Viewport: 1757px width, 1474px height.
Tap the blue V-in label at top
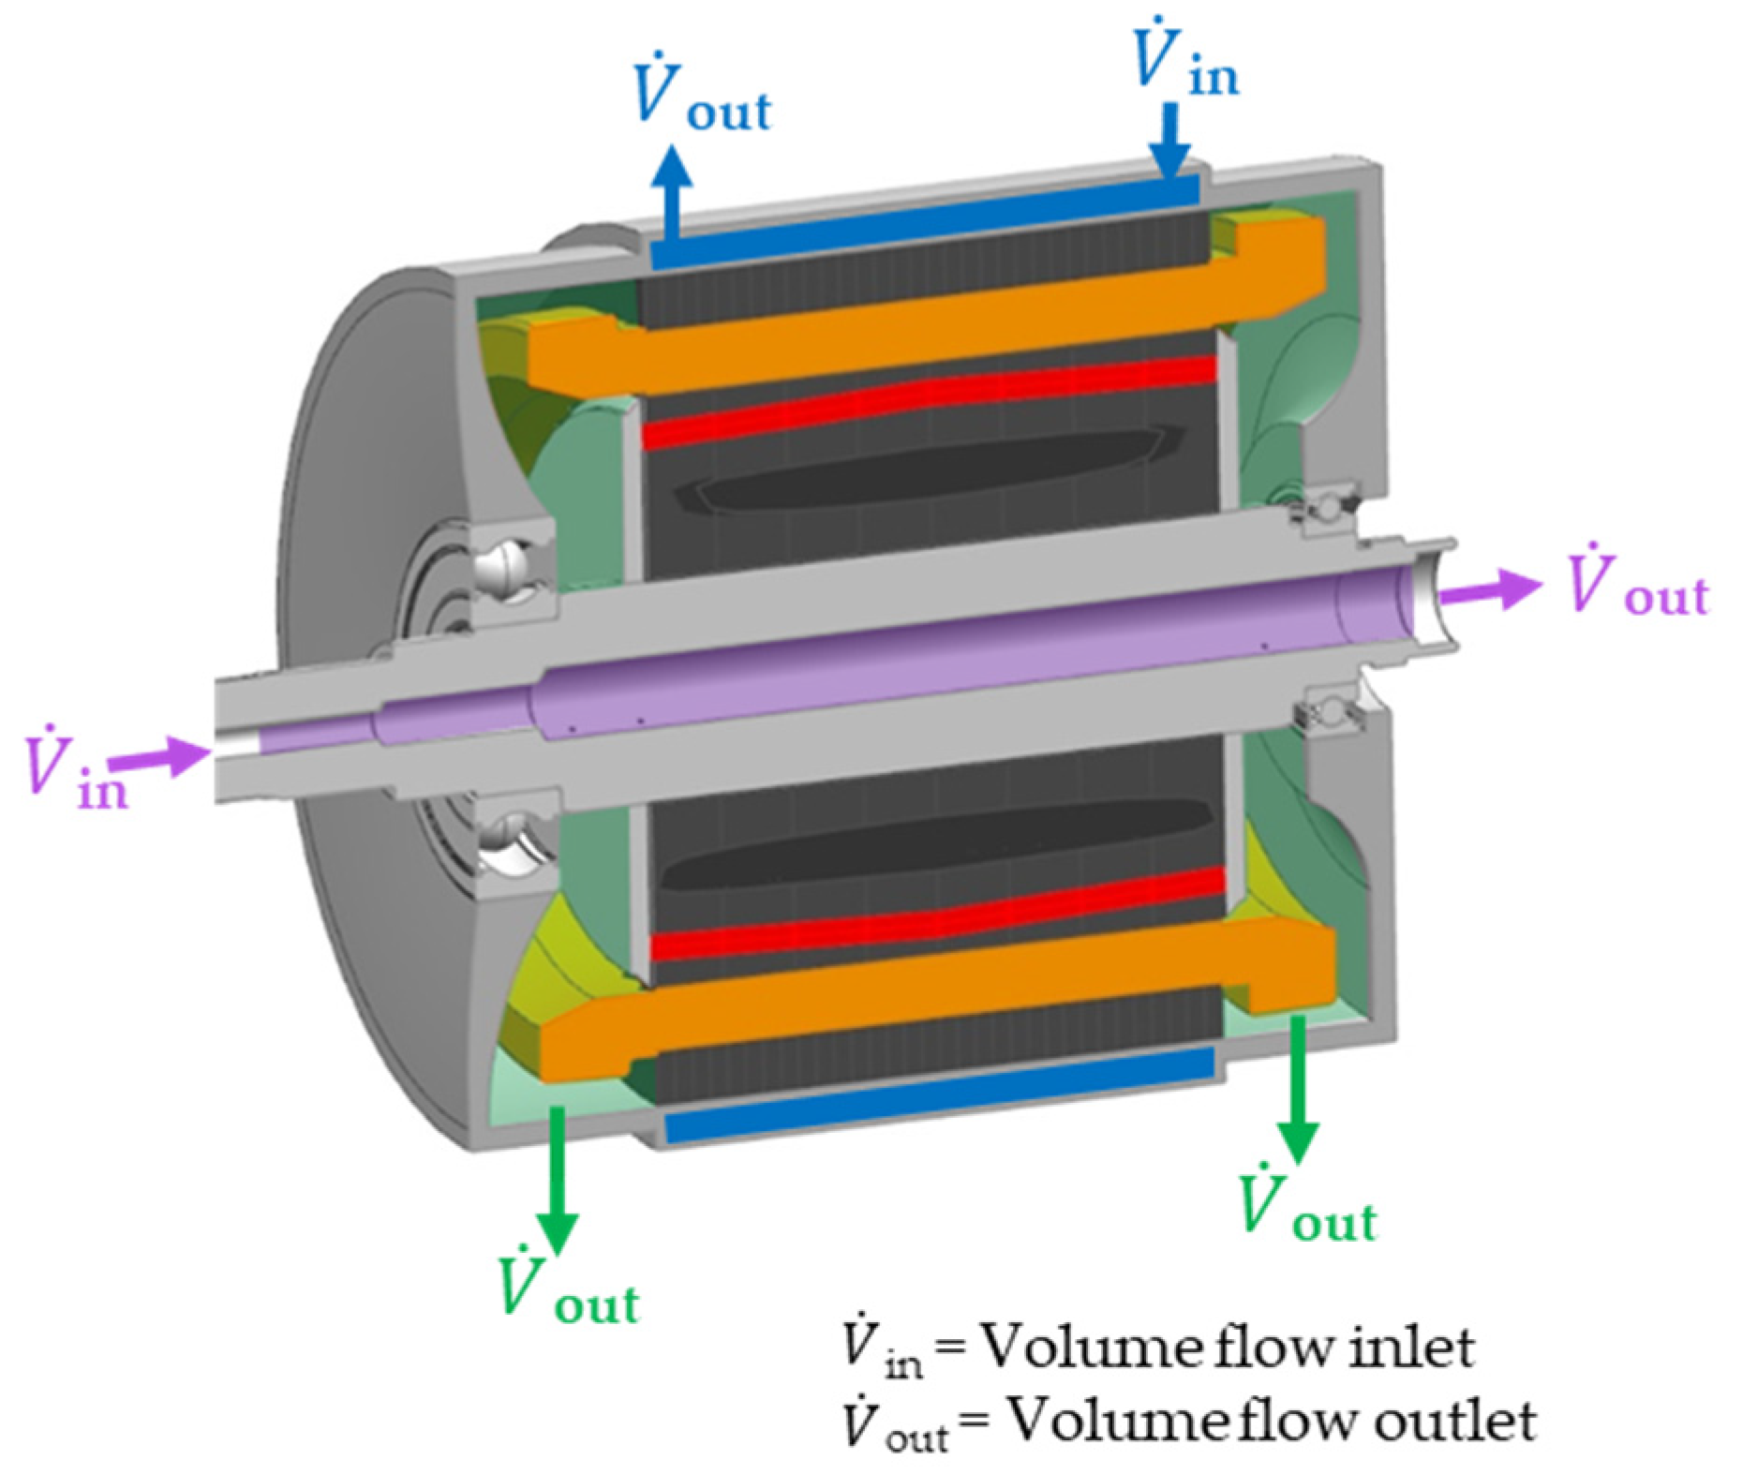[1184, 61]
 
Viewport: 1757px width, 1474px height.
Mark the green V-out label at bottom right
[1307, 1204]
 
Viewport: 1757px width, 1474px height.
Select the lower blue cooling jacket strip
[937, 1096]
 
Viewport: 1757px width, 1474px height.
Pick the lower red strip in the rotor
[937, 914]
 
